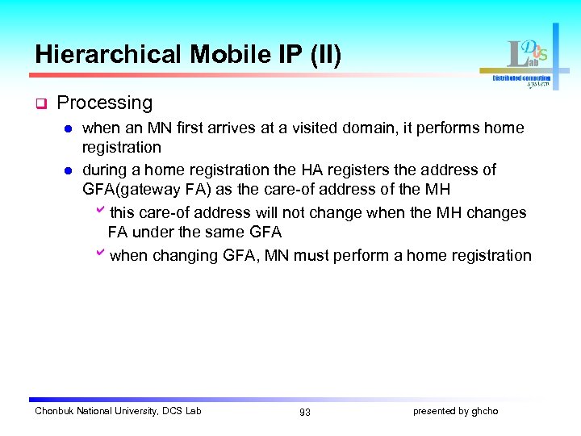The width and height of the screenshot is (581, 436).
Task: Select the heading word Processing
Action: point(105,103)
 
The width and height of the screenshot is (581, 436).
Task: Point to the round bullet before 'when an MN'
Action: point(69,128)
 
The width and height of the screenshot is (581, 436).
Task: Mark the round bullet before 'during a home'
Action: point(69,170)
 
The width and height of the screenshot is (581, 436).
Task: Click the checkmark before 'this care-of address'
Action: point(100,212)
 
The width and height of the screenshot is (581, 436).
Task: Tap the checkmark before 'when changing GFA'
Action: point(100,255)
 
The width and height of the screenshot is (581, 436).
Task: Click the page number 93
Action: point(304,412)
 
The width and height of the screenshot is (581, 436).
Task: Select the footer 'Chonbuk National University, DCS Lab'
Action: point(118,411)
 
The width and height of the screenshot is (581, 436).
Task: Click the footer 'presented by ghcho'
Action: point(456,411)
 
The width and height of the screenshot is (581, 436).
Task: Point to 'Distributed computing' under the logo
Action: point(522,78)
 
